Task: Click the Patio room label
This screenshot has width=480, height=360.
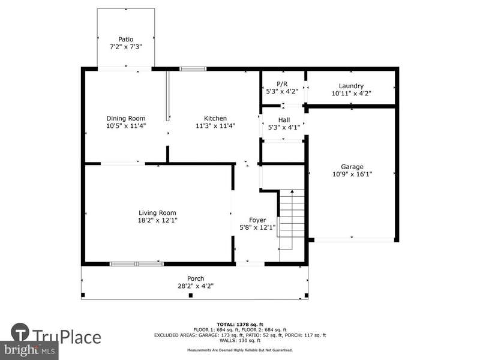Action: click(x=126, y=39)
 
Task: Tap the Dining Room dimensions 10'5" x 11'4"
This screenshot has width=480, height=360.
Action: click(x=126, y=126)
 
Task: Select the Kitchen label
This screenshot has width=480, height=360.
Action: click(x=215, y=118)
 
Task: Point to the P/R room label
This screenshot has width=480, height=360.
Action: click(x=282, y=84)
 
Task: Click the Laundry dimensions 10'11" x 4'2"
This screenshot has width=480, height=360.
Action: click(x=352, y=94)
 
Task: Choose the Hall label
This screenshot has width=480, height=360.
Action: click(x=284, y=119)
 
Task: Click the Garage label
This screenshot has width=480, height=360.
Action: click(x=352, y=167)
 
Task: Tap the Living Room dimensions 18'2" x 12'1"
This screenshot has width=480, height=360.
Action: click(x=158, y=220)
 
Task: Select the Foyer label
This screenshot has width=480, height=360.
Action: click(x=257, y=220)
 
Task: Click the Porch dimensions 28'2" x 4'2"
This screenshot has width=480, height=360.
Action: click(x=196, y=286)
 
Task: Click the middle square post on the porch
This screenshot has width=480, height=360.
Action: click(x=191, y=295)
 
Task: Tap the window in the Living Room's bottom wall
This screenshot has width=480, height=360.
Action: click(x=137, y=264)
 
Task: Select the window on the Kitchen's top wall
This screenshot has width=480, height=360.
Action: click(x=193, y=69)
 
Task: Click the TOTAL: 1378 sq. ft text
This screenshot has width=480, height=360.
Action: click(x=240, y=325)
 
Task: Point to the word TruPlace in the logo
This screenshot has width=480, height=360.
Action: click(x=67, y=337)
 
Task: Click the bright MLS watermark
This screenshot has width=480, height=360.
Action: click(x=29, y=349)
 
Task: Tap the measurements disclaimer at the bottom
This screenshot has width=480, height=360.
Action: click(x=240, y=350)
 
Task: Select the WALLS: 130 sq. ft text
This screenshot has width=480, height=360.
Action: click(x=240, y=340)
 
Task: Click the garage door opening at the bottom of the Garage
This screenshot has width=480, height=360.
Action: click(x=355, y=239)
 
